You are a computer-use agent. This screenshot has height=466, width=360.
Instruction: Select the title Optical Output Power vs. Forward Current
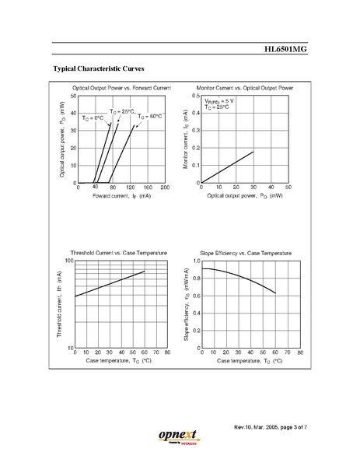coord(121,89)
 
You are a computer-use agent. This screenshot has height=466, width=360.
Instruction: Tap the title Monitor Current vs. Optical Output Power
coord(244,89)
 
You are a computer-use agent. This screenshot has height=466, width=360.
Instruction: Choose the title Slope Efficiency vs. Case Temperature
coord(246,254)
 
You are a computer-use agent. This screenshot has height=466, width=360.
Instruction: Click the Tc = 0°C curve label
coord(93,117)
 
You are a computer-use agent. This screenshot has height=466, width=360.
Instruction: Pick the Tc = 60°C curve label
coord(150,116)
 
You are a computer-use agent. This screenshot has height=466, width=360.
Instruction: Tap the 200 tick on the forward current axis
coord(164,188)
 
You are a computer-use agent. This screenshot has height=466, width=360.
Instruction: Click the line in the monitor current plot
coord(228,166)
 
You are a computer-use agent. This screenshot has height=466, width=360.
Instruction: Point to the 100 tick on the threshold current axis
coord(68,261)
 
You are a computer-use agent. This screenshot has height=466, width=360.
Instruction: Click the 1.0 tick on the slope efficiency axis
coord(195,261)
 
